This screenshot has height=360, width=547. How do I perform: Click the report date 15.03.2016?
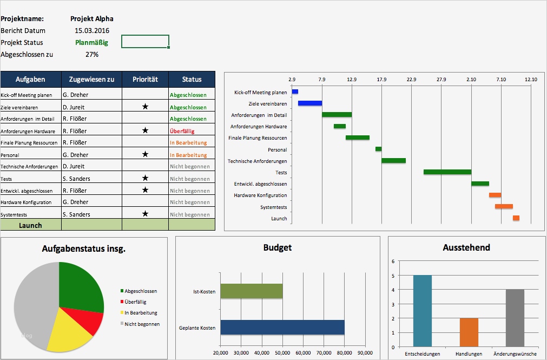(92, 31)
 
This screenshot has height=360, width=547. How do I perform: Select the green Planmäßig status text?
(92, 43)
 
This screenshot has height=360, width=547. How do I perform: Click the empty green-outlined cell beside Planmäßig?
(145, 42)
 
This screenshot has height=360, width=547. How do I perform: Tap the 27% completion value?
(92, 55)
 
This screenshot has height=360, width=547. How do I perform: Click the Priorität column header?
(145, 79)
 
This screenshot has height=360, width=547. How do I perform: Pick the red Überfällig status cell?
(182, 131)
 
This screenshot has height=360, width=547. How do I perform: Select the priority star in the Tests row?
(145, 178)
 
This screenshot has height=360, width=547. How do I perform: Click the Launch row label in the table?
(30, 225)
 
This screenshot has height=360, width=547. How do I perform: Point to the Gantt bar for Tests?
(447, 172)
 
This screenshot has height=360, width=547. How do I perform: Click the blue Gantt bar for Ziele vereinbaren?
(309, 103)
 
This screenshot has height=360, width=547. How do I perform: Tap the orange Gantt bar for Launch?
(516, 218)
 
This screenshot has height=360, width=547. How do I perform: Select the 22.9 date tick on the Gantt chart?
(411, 80)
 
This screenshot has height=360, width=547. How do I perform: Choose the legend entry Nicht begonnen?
(142, 324)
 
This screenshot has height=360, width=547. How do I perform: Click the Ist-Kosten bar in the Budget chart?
(252, 291)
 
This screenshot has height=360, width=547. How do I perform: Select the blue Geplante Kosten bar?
(282, 327)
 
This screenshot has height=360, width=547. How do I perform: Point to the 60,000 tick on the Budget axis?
(303, 353)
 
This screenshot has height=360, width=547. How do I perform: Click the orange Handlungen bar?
(469, 332)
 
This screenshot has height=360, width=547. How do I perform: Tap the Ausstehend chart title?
(466, 247)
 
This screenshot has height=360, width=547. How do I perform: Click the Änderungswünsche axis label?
(515, 354)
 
